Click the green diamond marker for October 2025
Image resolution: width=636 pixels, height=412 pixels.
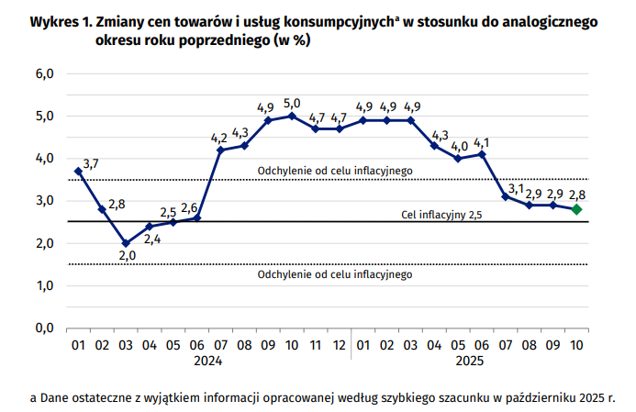(575, 209)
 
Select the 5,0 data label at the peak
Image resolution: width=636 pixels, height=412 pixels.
(292, 103)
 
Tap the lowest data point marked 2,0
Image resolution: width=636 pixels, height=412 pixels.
(126, 243)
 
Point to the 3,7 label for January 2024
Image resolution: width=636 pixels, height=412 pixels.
(91, 164)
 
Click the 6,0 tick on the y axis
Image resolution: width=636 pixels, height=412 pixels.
(45, 73)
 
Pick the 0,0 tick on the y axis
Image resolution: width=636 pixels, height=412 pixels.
(45, 328)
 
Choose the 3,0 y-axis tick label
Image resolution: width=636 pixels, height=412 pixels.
(45, 200)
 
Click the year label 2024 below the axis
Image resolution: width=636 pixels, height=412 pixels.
(207, 362)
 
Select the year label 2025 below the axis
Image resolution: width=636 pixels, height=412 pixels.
(470, 362)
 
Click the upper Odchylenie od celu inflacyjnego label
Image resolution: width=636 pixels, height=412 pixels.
(335, 170)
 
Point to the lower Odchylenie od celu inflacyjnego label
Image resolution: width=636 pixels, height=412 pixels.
(335, 274)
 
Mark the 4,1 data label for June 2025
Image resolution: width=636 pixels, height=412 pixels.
(483, 142)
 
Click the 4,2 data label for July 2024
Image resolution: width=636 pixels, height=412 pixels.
(219, 138)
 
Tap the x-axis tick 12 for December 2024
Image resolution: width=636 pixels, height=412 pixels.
(339, 346)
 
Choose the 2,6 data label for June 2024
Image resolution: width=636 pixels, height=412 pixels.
(190, 208)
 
